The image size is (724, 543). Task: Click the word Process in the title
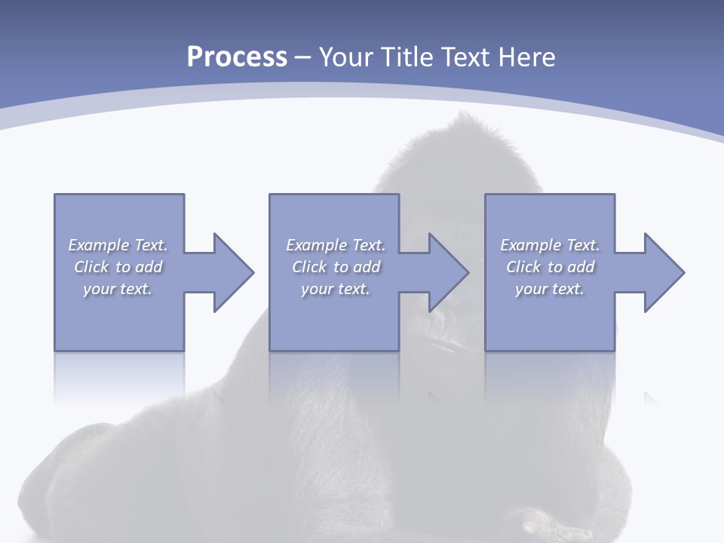pos(237,57)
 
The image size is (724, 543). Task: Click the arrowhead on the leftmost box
pos(233,272)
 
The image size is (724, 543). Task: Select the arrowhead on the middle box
pos(449,272)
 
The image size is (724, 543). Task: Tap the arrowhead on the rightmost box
pos(664,272)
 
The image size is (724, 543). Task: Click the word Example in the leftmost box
pos(99,245)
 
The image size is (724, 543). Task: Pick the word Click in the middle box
pos(309,267)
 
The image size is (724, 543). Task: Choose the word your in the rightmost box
pos(530,289)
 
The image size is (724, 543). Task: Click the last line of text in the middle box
pos(335,289)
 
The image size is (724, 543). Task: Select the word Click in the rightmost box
pos(523,267)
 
